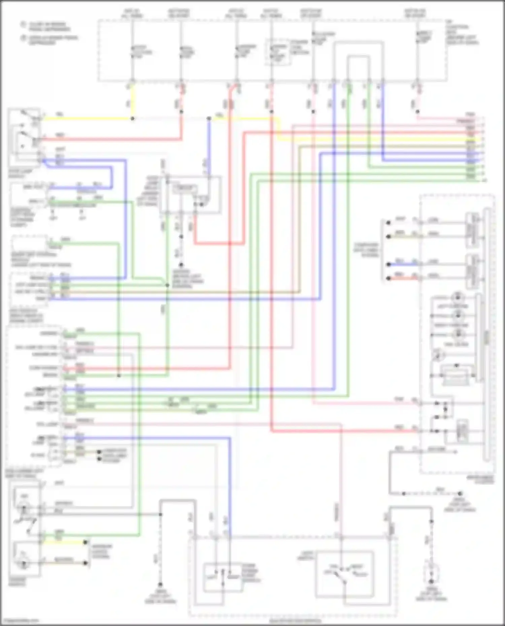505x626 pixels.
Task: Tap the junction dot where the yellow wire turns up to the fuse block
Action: click(x=132, y=119)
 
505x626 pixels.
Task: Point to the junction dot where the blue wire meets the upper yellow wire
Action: click(x=209, y=119)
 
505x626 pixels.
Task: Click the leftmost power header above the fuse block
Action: click(x=132, y=13)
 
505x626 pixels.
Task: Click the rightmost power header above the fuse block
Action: click(x=415, y=13)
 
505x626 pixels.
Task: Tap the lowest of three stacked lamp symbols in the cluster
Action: click(x=457, y=334)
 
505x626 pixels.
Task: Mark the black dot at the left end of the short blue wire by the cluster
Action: click(x=388, y=264)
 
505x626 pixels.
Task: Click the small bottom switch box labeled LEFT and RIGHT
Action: click(x=223, y=578)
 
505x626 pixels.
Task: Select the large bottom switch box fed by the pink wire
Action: click(x=344, y=574)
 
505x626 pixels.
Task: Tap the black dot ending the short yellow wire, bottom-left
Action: click(x=86, y=542)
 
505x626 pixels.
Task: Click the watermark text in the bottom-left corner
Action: click(x=20, y=621)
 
